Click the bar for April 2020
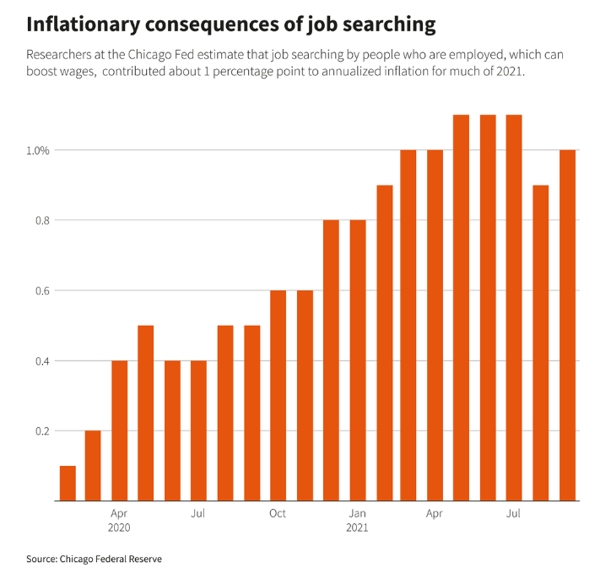[119, 430]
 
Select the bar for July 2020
[198, 430]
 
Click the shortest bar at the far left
[68, 483]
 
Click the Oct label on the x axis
[278, 513]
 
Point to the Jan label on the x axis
[357, 513]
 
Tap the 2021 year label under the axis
[357, 528]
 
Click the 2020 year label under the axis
[119, 528]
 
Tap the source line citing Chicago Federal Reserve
[93, 559]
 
